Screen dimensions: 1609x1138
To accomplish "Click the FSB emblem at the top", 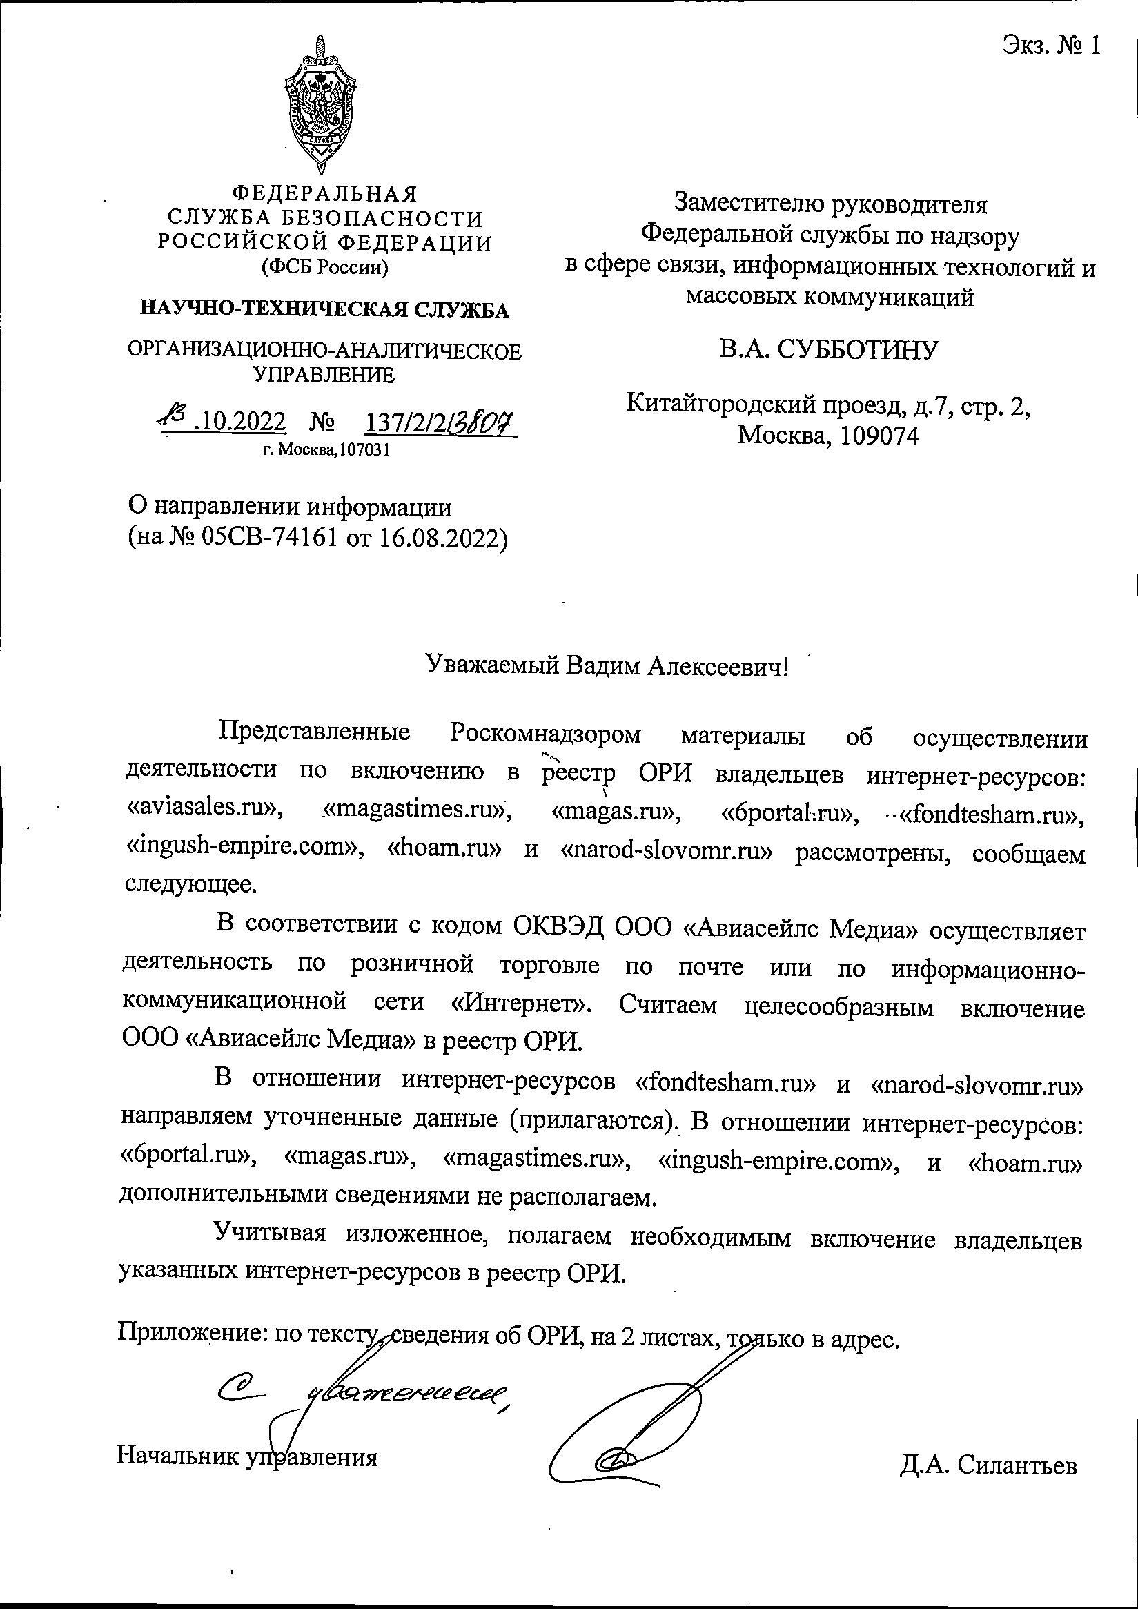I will (322, 105).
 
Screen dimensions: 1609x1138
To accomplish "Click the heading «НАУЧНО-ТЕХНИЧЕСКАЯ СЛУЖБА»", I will (325, 309).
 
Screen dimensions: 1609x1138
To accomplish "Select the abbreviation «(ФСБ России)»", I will (324, 267).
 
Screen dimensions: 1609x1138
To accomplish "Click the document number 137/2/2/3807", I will (440, 422).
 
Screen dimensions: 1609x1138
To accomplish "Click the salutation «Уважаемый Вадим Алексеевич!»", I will (607, 665).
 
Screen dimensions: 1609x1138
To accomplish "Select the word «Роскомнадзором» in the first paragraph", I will (545, 734).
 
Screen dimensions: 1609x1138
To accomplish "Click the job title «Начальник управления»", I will (246, 1457).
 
